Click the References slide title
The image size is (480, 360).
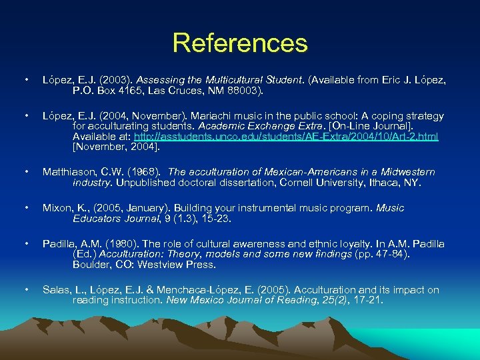click(240, 43)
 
